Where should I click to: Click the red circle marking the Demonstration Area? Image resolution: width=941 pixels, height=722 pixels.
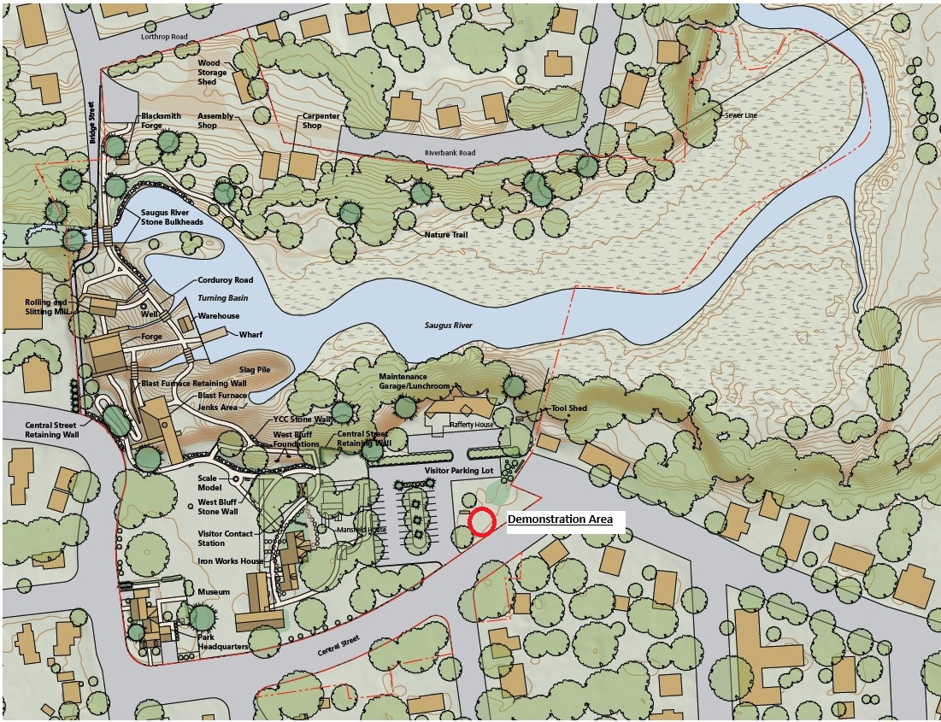point(482,522)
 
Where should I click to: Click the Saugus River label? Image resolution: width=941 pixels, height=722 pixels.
point(449,326)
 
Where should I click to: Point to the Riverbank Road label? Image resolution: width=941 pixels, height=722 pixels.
point(450,153)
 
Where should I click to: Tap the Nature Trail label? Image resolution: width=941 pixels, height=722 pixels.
point(444,234)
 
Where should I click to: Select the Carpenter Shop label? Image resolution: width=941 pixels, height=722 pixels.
point(321,120)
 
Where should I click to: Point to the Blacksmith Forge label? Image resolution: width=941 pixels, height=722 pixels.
point(163,120)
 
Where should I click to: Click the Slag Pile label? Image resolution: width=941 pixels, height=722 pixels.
point(254,369)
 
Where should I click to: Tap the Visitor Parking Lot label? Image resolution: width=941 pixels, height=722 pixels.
point(459,471)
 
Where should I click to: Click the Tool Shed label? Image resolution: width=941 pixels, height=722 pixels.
point(568,408)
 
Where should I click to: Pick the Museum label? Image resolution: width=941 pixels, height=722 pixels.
point(214,591)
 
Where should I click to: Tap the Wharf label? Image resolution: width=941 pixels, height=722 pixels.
point(250,334)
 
